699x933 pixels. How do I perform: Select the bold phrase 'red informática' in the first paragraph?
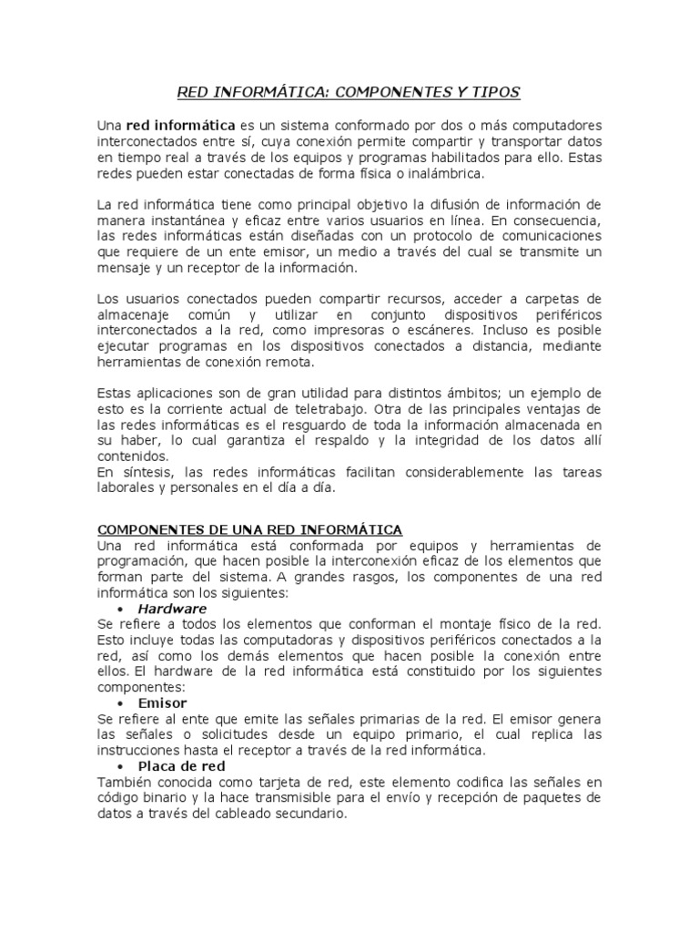click(175, 125)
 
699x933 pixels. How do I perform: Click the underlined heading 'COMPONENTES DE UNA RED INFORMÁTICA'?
click(250, 529)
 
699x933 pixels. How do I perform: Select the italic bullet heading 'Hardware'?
click(172, 609)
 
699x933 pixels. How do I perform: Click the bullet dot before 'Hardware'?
click(121, 609)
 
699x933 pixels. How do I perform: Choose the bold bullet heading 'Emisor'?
click(162, 703)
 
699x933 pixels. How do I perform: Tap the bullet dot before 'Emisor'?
click(121, 704)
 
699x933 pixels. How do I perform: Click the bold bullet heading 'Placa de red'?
click(181, 766)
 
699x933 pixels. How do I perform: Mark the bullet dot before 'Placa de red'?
click(121, 767)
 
